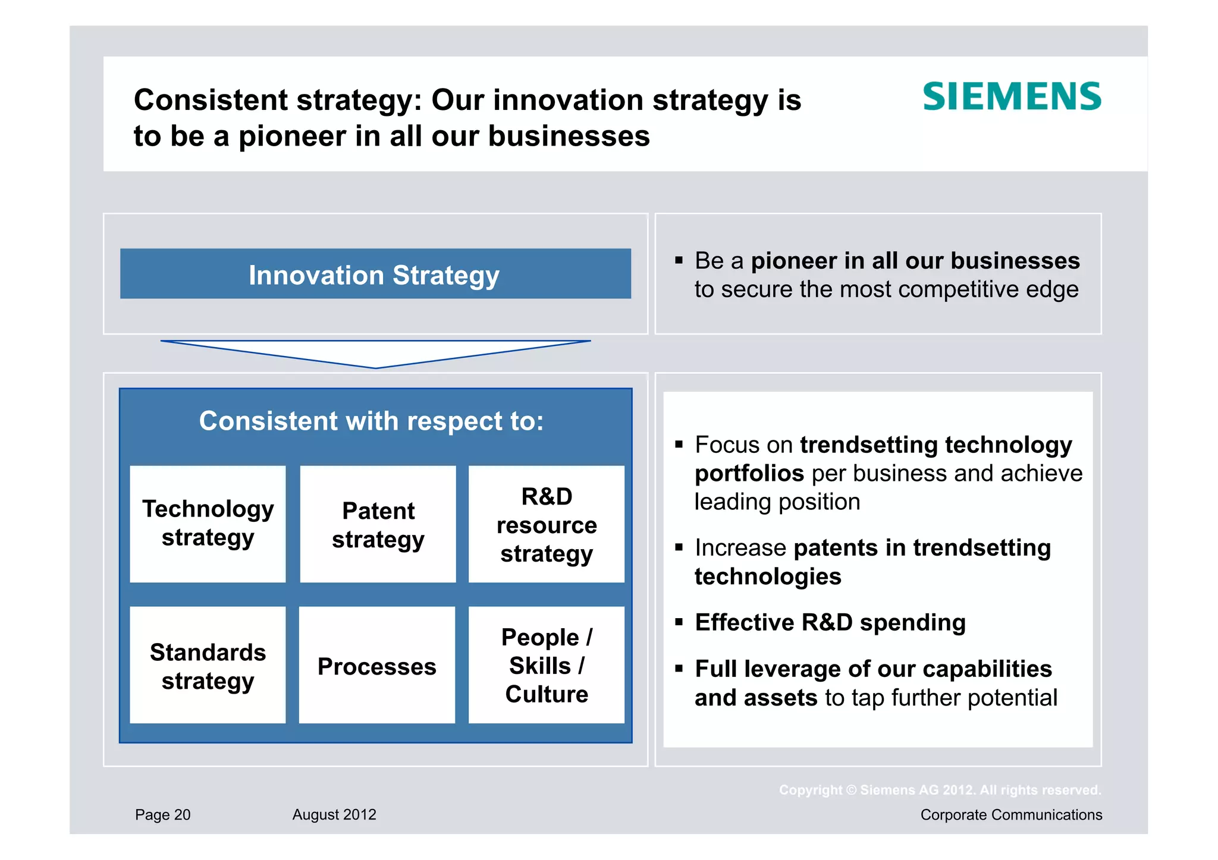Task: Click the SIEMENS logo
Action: pyautogui.click(x=1012, y=97)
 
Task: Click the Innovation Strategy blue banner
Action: pyautogui.click(x=375, y=274)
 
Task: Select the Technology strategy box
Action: pyautogui.click(x=208, y=524)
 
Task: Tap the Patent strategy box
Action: pyautogui.click(x=378, y=524)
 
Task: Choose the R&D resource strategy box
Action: pyautogui.click(x=546, y=524)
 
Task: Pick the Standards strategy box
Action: pyautogui.click(x=208, y=665)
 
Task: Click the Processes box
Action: pyautogui.click(x=376, y=665)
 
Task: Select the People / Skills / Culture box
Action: pyautogui.click(x=546, y=665)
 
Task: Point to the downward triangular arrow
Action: pyautogui.click(x=375, y=352)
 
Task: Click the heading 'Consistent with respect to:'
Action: pyautogui.click(x=371, y=421)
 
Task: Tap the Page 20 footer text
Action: pyautogui.click(x=162, y=814)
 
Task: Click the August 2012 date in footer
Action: pyautogui.click(x=334, y=814)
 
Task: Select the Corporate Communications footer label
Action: pyautogui.click(x=1010, y=814)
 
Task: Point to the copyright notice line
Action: pyautogui.click(x=940, y=790)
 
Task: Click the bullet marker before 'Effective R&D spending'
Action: pyautogui.click(x=679, y=622)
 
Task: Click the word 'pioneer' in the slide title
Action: pyautogui.click(x=293, y=137)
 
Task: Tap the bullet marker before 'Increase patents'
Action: pyautogui.click(x=679, y=547)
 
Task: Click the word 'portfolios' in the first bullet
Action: pyautogui.click(x=749, y=474)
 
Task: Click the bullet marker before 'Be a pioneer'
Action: pyautogui.click(x=679, y=260)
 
